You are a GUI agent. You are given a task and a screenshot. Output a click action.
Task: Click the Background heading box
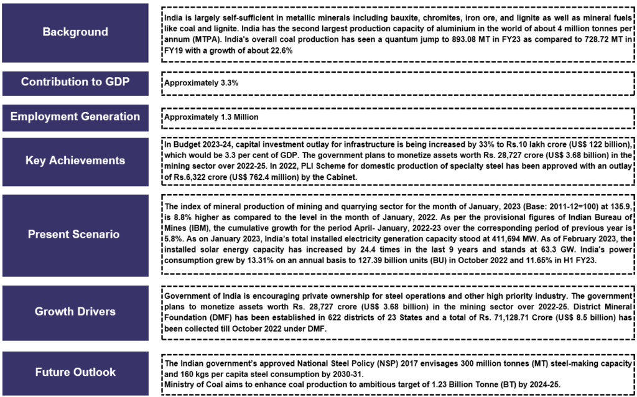click(x=75, y=32)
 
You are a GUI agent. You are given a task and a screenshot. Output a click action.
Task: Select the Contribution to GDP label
click(x=75, y=82)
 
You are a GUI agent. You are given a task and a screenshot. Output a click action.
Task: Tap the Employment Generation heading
click(x=75, y=117)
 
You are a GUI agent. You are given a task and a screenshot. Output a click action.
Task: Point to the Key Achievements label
click(x=75, y=161)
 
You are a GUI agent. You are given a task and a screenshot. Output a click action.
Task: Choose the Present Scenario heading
click(x=75, y=235)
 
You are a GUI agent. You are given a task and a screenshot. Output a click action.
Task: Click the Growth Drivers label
click(x=75, y=312)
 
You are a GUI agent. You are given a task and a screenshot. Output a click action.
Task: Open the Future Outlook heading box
click(x=75, y=373)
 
